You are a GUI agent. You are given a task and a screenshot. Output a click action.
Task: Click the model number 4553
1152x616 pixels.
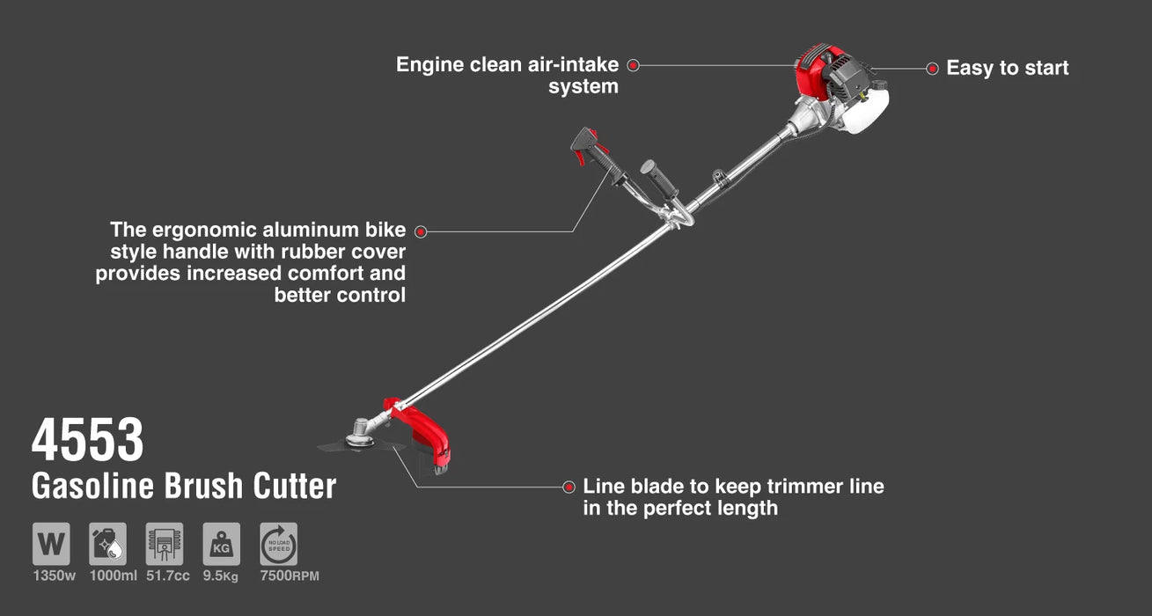[87, 440]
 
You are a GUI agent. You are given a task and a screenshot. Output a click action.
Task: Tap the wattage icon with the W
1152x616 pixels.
[51, 544]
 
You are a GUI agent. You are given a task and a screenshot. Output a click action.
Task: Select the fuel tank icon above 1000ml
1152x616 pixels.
[107, 544]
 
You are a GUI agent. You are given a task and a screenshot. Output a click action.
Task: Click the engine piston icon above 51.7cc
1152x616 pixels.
[165, 544]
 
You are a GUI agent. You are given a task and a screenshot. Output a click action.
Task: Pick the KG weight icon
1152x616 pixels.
[221, 544]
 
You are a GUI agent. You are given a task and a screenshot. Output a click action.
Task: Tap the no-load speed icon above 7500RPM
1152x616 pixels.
[278, 544]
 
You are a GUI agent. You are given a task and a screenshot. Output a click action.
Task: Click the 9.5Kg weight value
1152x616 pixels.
[221, 576]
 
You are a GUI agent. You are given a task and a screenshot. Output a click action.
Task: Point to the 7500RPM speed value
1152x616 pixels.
[290, 576]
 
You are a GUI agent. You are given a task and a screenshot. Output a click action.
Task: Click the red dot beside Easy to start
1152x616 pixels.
[932, 69]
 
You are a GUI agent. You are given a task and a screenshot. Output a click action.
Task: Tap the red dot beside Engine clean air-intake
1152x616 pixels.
[633, 65]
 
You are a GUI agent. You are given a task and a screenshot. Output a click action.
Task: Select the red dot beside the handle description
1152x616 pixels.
[421, 231]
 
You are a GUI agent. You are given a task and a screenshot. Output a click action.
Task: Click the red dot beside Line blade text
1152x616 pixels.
[569, 486]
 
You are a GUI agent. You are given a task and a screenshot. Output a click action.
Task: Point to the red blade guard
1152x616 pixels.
[431, 436]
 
